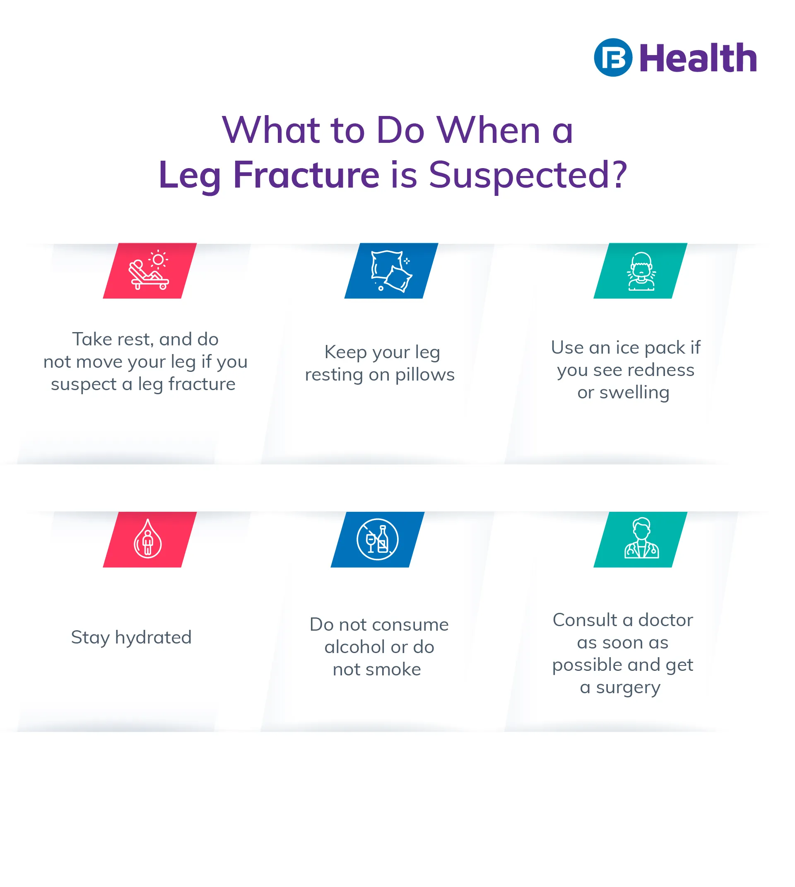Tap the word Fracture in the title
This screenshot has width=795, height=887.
[x=306, y=175]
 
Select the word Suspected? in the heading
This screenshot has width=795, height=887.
[x=528, y=175]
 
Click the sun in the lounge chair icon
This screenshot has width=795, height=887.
[x=158, y=260]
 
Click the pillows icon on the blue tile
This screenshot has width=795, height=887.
[x=391, y=271]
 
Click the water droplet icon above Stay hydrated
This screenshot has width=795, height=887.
[x=148, y=539]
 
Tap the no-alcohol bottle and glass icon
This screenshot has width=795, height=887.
[x=377, y=539]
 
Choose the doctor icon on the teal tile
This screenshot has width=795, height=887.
[x=641, y=538]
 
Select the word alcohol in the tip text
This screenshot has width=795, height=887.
[x=355, y=647]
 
